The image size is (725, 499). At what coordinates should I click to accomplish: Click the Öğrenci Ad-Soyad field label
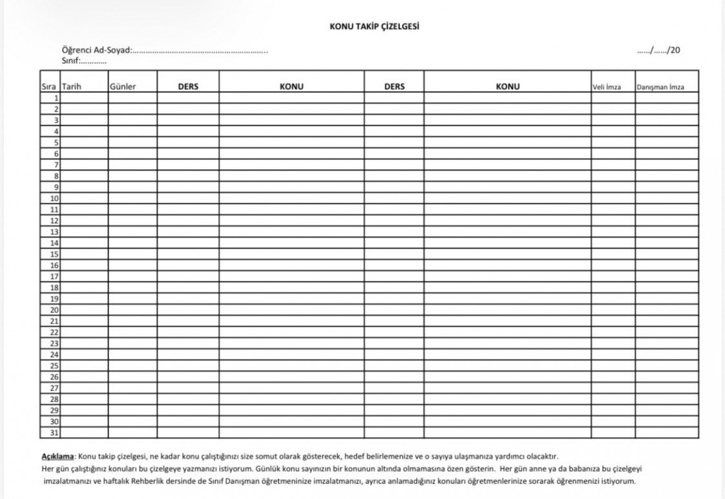[x=96, y=50]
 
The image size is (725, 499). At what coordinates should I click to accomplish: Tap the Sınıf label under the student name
[x=70, y=61]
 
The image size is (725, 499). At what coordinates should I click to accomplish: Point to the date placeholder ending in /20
[x=658, y=50]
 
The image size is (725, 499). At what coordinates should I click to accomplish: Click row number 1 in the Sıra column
[x=56, y=98]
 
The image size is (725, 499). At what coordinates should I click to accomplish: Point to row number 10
[x=54, y=198]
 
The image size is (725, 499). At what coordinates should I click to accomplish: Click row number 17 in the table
[x=54, y=276]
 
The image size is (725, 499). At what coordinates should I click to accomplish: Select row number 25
[x=54, y=365]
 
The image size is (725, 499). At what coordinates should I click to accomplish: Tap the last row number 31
[x=54, y=433]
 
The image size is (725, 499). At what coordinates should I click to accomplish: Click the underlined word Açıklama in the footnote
[x=58, y=456]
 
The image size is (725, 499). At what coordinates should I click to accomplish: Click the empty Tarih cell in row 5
[x=84, y=143]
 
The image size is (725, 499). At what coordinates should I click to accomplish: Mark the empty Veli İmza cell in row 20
[x=613, y=310]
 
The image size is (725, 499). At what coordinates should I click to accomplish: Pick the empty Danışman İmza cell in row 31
[x=666, y=433]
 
